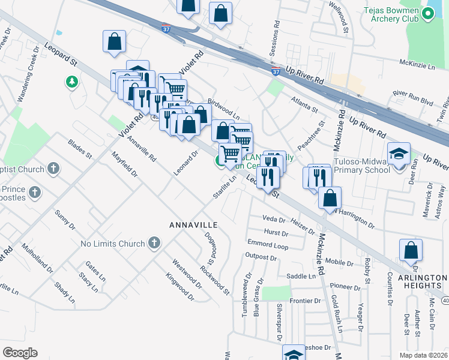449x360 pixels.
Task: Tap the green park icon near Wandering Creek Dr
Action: pyautogui.click(x=72, y=81)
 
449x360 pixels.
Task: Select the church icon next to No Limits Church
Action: pyautogui.click(x=154, y=244)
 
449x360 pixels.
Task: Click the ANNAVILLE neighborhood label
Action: pyautogui.click(x=192, y=224)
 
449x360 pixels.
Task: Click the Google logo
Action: pyautogui.click(x=20, y=353)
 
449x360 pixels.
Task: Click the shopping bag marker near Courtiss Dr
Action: pyautogui.click(x=411, y=250)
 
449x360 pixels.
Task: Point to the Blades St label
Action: pyautogui.click(x=79, y=149)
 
